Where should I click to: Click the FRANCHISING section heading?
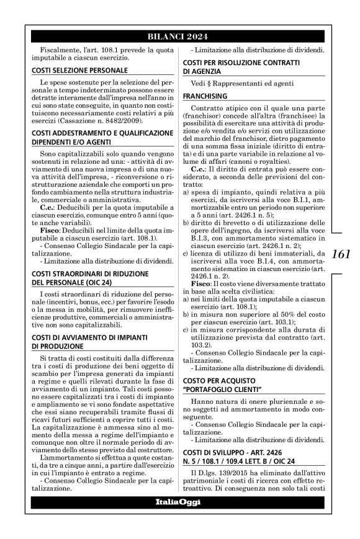(x=205, y=97)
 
